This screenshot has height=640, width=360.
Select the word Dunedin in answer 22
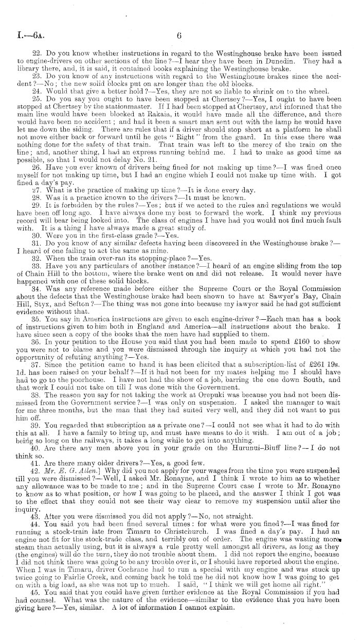(x=291, y=61)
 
